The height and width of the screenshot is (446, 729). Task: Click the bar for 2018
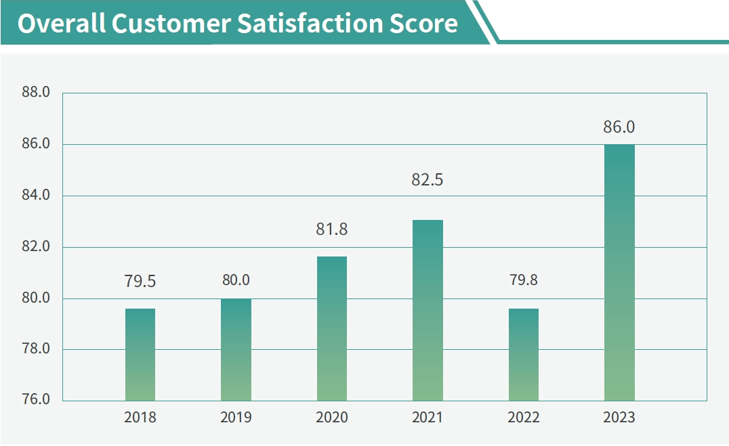point(140,355)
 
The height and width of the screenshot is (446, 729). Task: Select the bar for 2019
point(236,350)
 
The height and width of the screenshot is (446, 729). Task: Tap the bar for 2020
point(332,329)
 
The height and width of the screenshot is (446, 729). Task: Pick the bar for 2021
point(428,311)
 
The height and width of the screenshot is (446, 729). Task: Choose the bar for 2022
point(524,355)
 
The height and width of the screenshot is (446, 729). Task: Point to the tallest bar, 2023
point(619,273)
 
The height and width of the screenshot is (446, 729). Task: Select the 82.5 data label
point(427,181)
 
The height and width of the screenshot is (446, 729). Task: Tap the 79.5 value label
point(140,281)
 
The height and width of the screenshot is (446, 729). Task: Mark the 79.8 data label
point(523,280)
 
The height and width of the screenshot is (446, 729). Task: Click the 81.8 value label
point(331,229)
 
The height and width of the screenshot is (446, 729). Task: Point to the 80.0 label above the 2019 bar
point(236,280)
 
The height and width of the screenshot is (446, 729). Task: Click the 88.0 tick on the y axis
point(36,93)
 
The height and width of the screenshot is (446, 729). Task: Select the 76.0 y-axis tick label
point(36,400)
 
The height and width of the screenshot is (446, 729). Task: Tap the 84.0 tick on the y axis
point(36,196)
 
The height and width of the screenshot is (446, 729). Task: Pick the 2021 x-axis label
point(428,418)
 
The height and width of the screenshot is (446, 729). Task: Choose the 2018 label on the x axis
point(140,418)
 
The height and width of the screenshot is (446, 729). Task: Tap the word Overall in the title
point(61,24)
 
